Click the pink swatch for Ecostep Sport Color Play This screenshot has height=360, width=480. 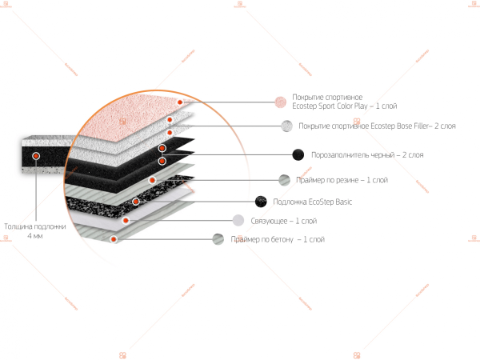click(280, 102)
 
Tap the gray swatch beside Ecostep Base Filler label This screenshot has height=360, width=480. click(286, 126)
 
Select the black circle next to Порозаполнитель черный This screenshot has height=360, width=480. click(298, 154)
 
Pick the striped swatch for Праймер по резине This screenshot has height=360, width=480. click(284, 180)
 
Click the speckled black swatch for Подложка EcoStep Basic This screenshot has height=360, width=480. click(261, 202)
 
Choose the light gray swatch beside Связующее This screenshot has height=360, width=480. click(238, 220)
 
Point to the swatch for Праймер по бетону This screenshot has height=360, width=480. click(218, 238)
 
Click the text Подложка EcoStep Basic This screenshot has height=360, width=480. click(313, 202)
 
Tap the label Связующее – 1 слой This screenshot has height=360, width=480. click(284, 221)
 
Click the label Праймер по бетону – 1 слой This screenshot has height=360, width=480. click(278, 239)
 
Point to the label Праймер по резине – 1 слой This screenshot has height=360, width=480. click(342, 180)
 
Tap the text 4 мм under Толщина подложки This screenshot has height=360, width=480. click(34, 237)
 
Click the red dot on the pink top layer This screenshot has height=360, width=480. click(182, 102)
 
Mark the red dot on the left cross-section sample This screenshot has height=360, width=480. click(36, 154)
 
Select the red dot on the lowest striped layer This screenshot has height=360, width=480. click(114, 238)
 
